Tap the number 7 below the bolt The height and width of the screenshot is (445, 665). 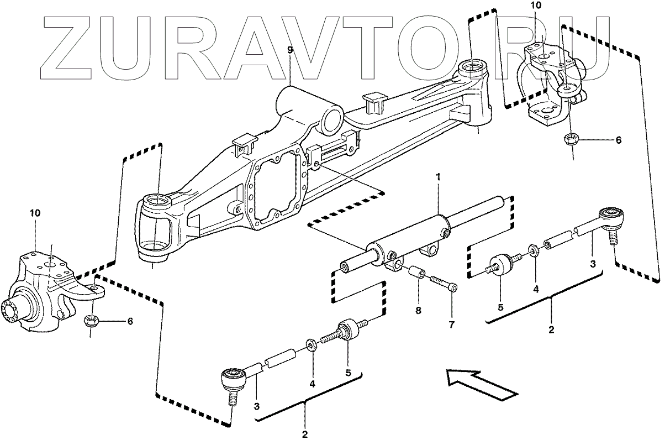451,324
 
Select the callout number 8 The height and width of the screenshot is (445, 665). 418,311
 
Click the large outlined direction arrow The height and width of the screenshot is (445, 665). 481,385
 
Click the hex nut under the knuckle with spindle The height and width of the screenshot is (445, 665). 90,320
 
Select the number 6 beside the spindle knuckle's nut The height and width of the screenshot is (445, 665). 130,321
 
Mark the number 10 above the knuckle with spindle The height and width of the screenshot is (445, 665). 35,213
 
